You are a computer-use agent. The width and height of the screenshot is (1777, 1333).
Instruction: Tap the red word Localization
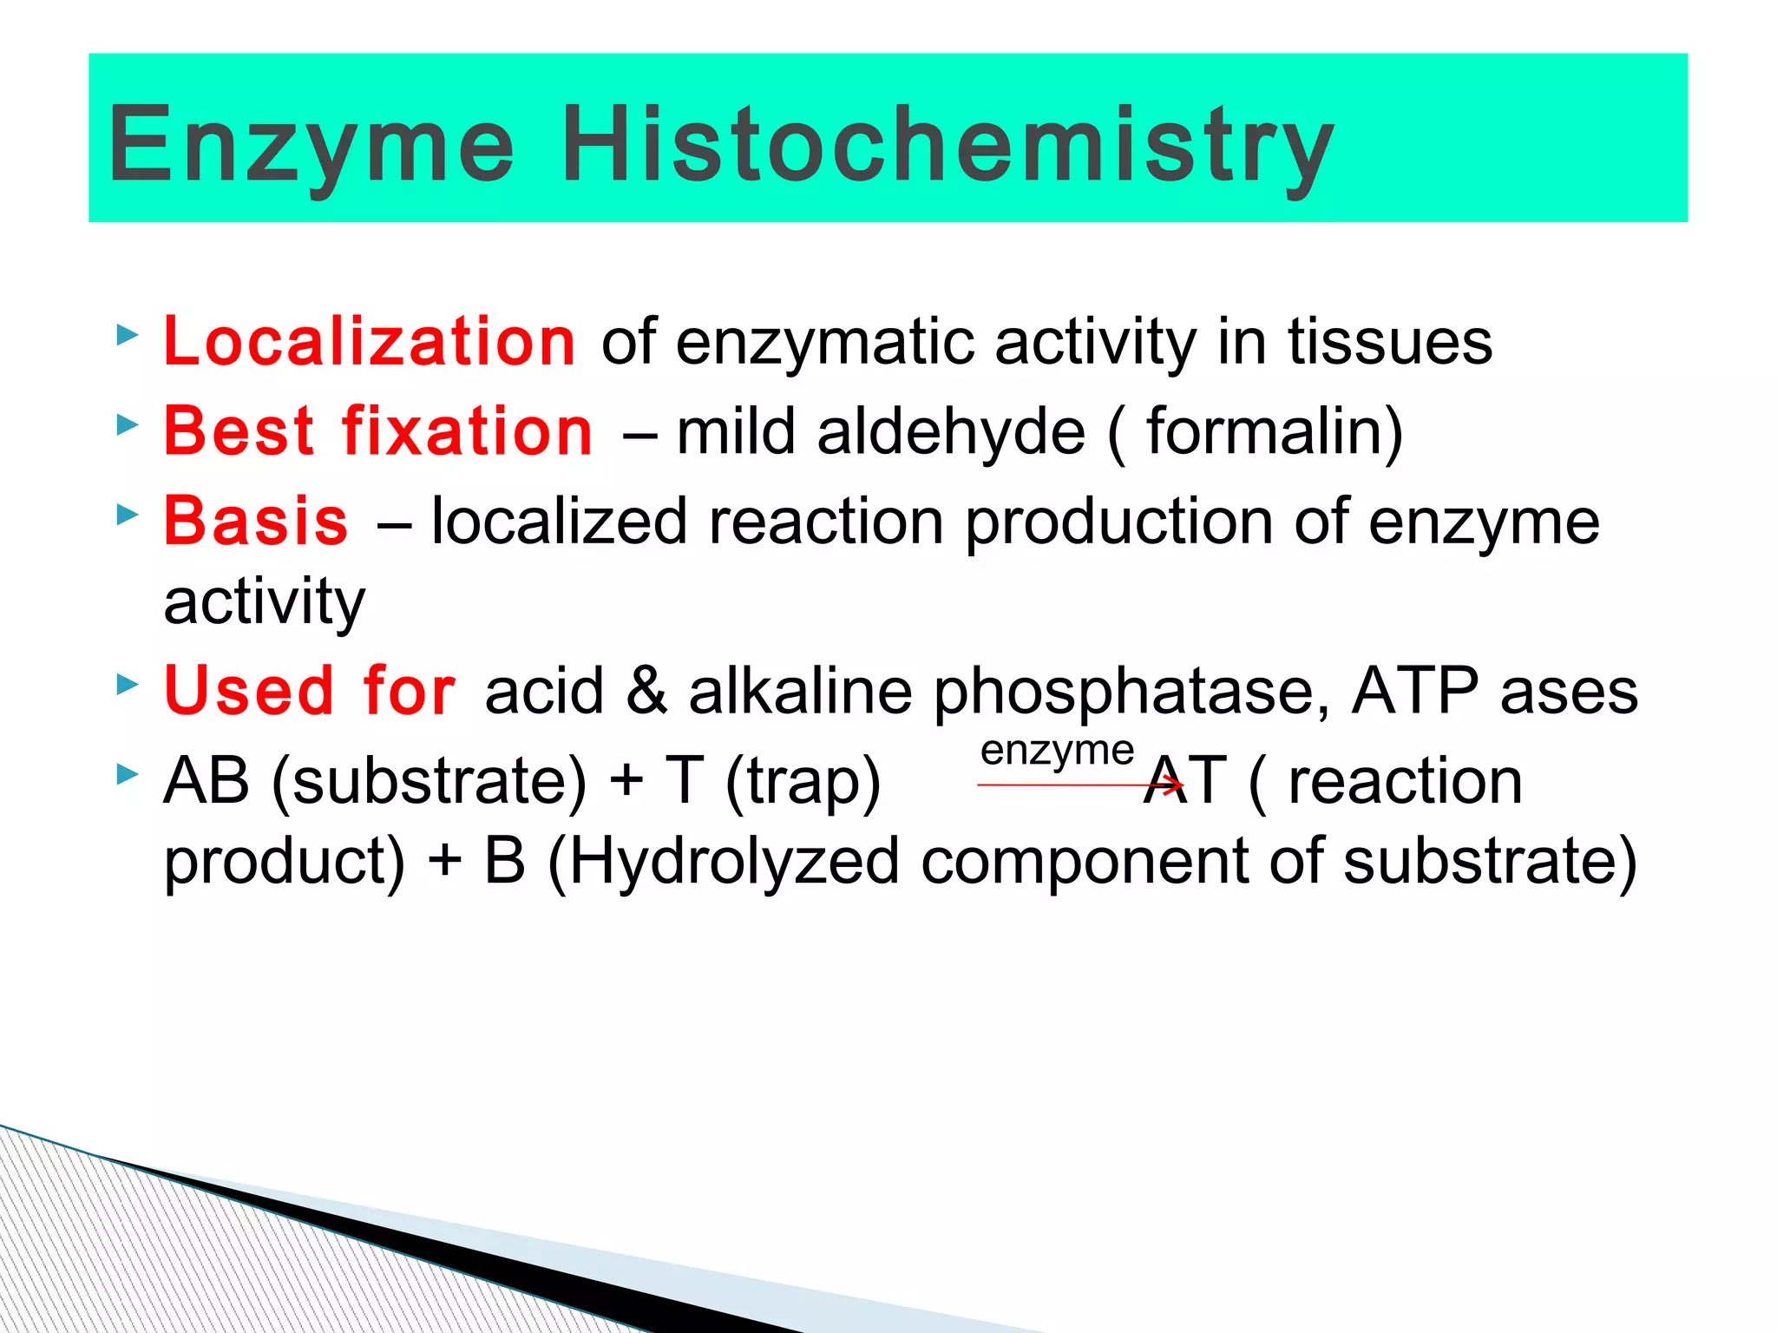370,341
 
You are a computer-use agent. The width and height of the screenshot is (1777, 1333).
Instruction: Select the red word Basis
257,522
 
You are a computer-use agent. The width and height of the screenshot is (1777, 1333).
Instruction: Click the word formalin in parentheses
1262,431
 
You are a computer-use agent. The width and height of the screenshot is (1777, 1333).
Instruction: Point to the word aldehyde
951,431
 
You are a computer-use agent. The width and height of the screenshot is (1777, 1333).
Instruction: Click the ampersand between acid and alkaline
646,691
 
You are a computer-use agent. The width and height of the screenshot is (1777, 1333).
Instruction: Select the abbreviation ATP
1414,691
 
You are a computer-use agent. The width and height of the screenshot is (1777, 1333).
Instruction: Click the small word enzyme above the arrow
1057,751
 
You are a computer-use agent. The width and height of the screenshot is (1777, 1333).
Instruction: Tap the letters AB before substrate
207,780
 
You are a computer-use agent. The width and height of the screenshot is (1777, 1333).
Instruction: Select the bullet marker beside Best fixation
128,424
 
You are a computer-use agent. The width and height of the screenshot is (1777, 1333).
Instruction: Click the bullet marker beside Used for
128,685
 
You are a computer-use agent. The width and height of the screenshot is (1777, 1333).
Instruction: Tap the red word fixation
468,431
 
